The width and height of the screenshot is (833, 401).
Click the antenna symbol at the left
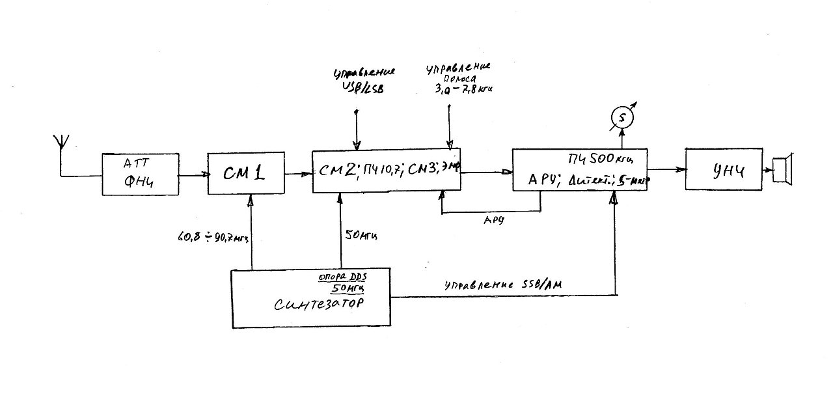61,143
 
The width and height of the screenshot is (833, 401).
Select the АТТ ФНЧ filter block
141,174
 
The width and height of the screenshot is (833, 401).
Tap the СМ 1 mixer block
245,174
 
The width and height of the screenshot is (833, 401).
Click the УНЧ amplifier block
722,169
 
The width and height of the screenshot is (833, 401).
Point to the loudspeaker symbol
780,168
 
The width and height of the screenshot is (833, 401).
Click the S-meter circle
621,118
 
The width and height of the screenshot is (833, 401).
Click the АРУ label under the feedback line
491,220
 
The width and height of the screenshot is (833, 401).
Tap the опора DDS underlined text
340,276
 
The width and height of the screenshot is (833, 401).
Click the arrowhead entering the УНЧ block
681,169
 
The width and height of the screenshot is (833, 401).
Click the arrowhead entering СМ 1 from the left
204,174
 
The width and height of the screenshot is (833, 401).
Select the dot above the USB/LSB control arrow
356,112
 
